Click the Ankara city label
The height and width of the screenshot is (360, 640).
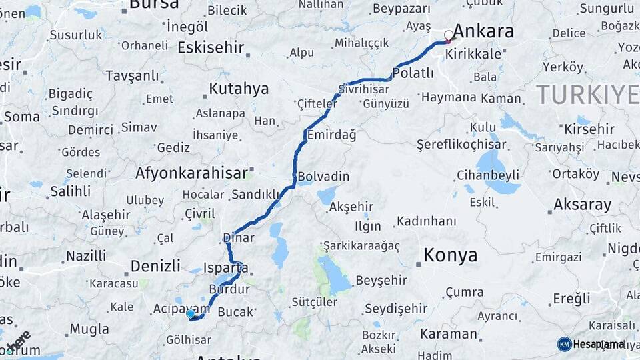click(x=483, y=31)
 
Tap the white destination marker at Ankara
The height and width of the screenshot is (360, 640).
click(x=449, y=35)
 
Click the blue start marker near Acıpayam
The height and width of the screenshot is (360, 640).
click(x=191, y=313)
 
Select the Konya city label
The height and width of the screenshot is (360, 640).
click(x=451, y=255)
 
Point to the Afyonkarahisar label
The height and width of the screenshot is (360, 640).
click(x=191, y=173)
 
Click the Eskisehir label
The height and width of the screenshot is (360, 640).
click(x=211, y=47)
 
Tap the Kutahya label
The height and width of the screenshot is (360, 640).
click(x=239, y=89)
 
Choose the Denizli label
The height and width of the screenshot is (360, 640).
click(x=155, y=265)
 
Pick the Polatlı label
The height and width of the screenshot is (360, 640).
click(x=413, y=73)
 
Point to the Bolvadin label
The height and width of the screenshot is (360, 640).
click(x=324, y=176)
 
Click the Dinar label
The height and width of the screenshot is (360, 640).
click(x=239, y=237)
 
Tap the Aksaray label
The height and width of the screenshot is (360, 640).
click(x=583, y=204)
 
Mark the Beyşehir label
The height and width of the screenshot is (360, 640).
click(x=381, y=280)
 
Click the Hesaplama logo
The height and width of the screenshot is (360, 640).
click(x=591, y=344)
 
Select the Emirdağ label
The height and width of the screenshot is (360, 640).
click(x=331, y=135)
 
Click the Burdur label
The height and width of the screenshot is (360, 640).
click(x=229, y=289)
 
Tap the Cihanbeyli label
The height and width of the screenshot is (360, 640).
click(x=488, y=175)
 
